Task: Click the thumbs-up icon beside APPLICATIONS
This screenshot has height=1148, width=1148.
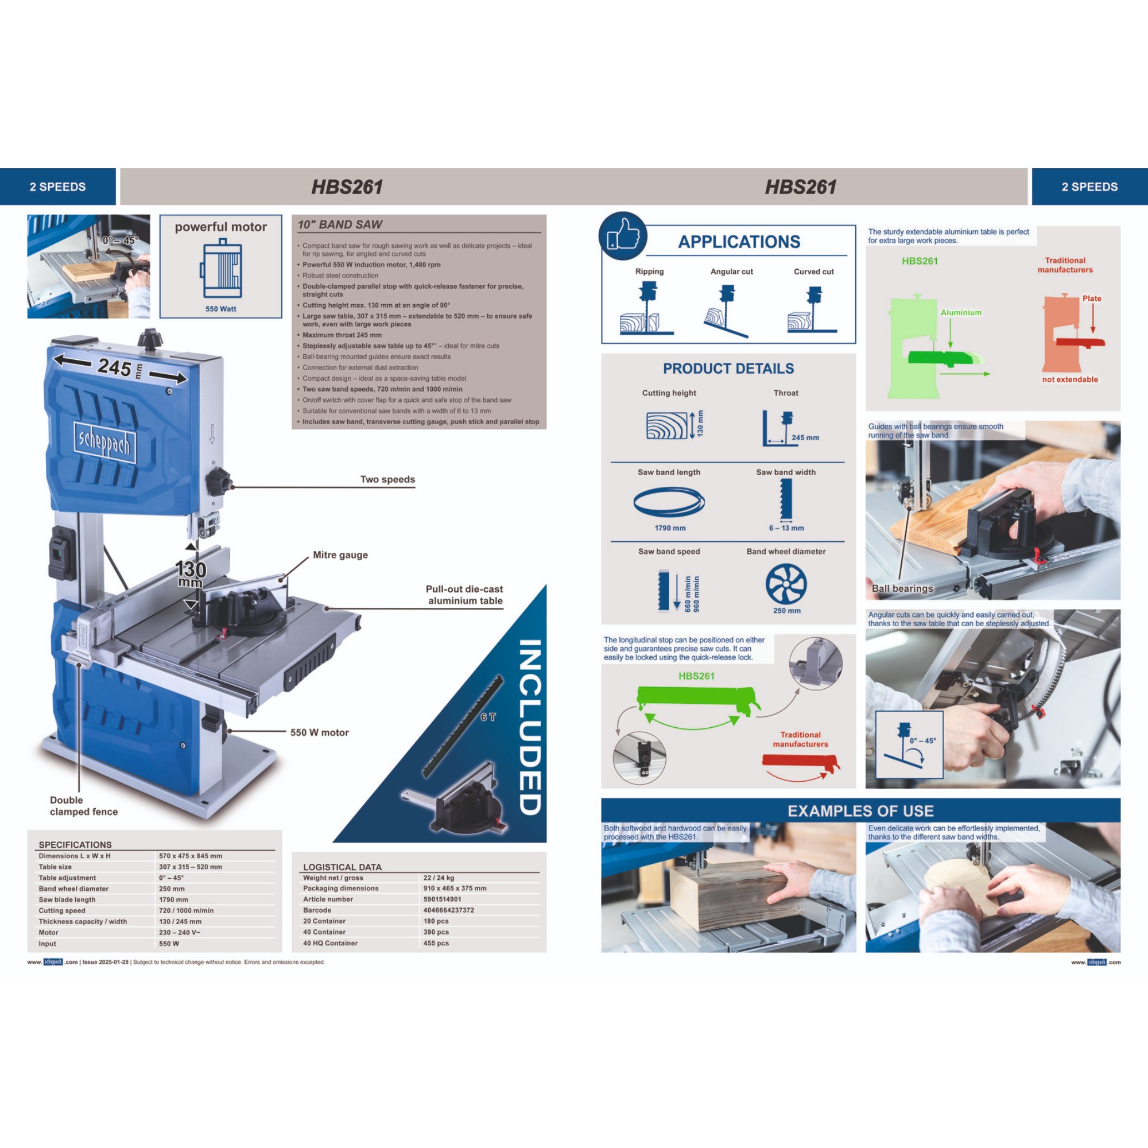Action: click(623, 236)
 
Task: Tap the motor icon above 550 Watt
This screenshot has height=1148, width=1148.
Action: click(221, 269)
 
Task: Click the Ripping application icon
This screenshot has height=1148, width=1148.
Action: click(646, 308)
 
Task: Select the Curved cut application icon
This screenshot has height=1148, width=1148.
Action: click(812, 309)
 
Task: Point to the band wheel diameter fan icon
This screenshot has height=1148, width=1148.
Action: click(786, 584)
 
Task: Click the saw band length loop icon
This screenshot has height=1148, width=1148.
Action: click(669, 502)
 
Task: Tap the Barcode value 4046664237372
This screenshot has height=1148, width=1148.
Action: click(449, 910)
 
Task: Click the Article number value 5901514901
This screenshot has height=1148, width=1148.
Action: click(442, 899)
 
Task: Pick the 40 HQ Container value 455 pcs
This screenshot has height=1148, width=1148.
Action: click(436, 943)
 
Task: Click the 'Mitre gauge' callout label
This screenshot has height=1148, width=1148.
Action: click(340, 555)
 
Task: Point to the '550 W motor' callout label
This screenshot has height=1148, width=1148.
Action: click(320, 732)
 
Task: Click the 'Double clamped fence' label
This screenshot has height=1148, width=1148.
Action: click(84, 806)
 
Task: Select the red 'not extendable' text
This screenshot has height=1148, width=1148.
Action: click(1069, 379)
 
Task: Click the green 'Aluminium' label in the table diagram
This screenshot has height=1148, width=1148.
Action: click(961, 313)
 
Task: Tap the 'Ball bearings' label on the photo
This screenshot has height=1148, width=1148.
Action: click(902, 588)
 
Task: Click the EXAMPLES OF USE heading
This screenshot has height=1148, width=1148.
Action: click(860, 811)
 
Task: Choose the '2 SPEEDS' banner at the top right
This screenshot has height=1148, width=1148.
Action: click(1090, 187)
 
